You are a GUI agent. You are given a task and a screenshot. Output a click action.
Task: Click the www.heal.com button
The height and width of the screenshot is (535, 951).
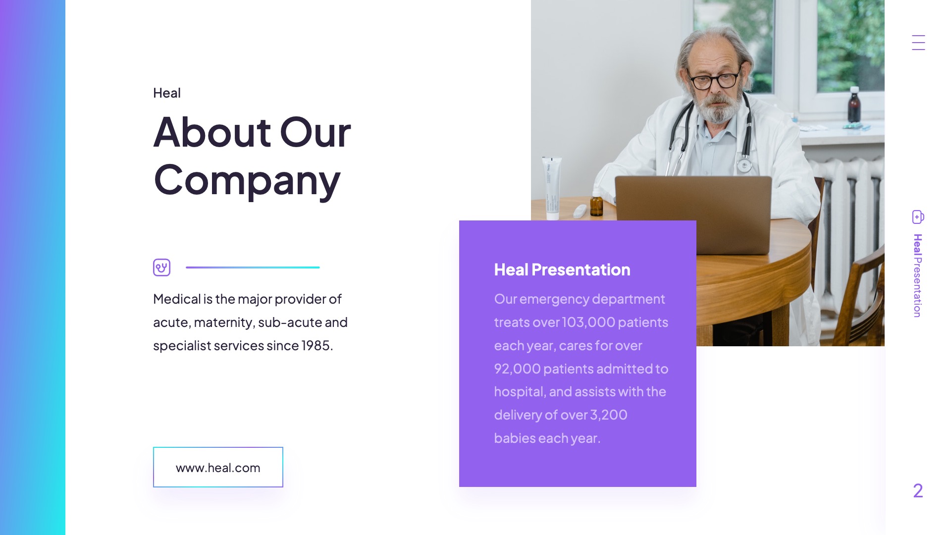click(x=218, y=467)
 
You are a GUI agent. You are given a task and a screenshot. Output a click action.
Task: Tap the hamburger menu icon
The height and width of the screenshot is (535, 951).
click(x=918, y=43)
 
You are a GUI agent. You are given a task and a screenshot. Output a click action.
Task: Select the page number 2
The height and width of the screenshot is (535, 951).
click(x=918, y=490)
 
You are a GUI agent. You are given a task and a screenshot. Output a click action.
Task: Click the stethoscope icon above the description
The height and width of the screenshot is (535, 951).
click(x=161, y=267)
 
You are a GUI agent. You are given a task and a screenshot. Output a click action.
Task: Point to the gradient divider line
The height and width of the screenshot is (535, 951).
click(x=253, y=267)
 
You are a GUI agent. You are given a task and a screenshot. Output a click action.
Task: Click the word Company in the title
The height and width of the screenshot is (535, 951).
click(x=247, y=180)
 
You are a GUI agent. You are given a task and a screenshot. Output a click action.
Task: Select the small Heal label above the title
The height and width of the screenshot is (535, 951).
click(x=167, y=93)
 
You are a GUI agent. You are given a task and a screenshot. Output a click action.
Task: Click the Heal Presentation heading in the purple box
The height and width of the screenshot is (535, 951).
click(x=562, y=269)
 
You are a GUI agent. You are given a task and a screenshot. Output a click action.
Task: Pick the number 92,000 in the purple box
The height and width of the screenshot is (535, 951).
click(x=517, y=369)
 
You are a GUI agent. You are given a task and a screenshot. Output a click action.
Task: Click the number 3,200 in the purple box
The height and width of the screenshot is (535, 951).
click(x=608, y=415)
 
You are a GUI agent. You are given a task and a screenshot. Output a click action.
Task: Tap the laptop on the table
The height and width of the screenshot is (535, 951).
click(x=693, y=208)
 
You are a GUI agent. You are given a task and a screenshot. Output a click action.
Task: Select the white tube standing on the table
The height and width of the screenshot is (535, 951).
click(x=552, y=188)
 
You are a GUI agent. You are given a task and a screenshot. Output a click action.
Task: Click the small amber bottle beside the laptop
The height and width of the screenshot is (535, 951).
click(x=597, y=204)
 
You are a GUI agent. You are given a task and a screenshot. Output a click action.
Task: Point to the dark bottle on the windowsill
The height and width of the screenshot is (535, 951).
click(x=854, y=105)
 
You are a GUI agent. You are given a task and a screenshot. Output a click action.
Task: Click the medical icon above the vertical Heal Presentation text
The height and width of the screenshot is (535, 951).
click(x=918, y=217)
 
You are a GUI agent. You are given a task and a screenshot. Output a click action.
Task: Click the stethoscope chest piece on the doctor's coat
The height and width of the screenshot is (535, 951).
click(x=743, y=165)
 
